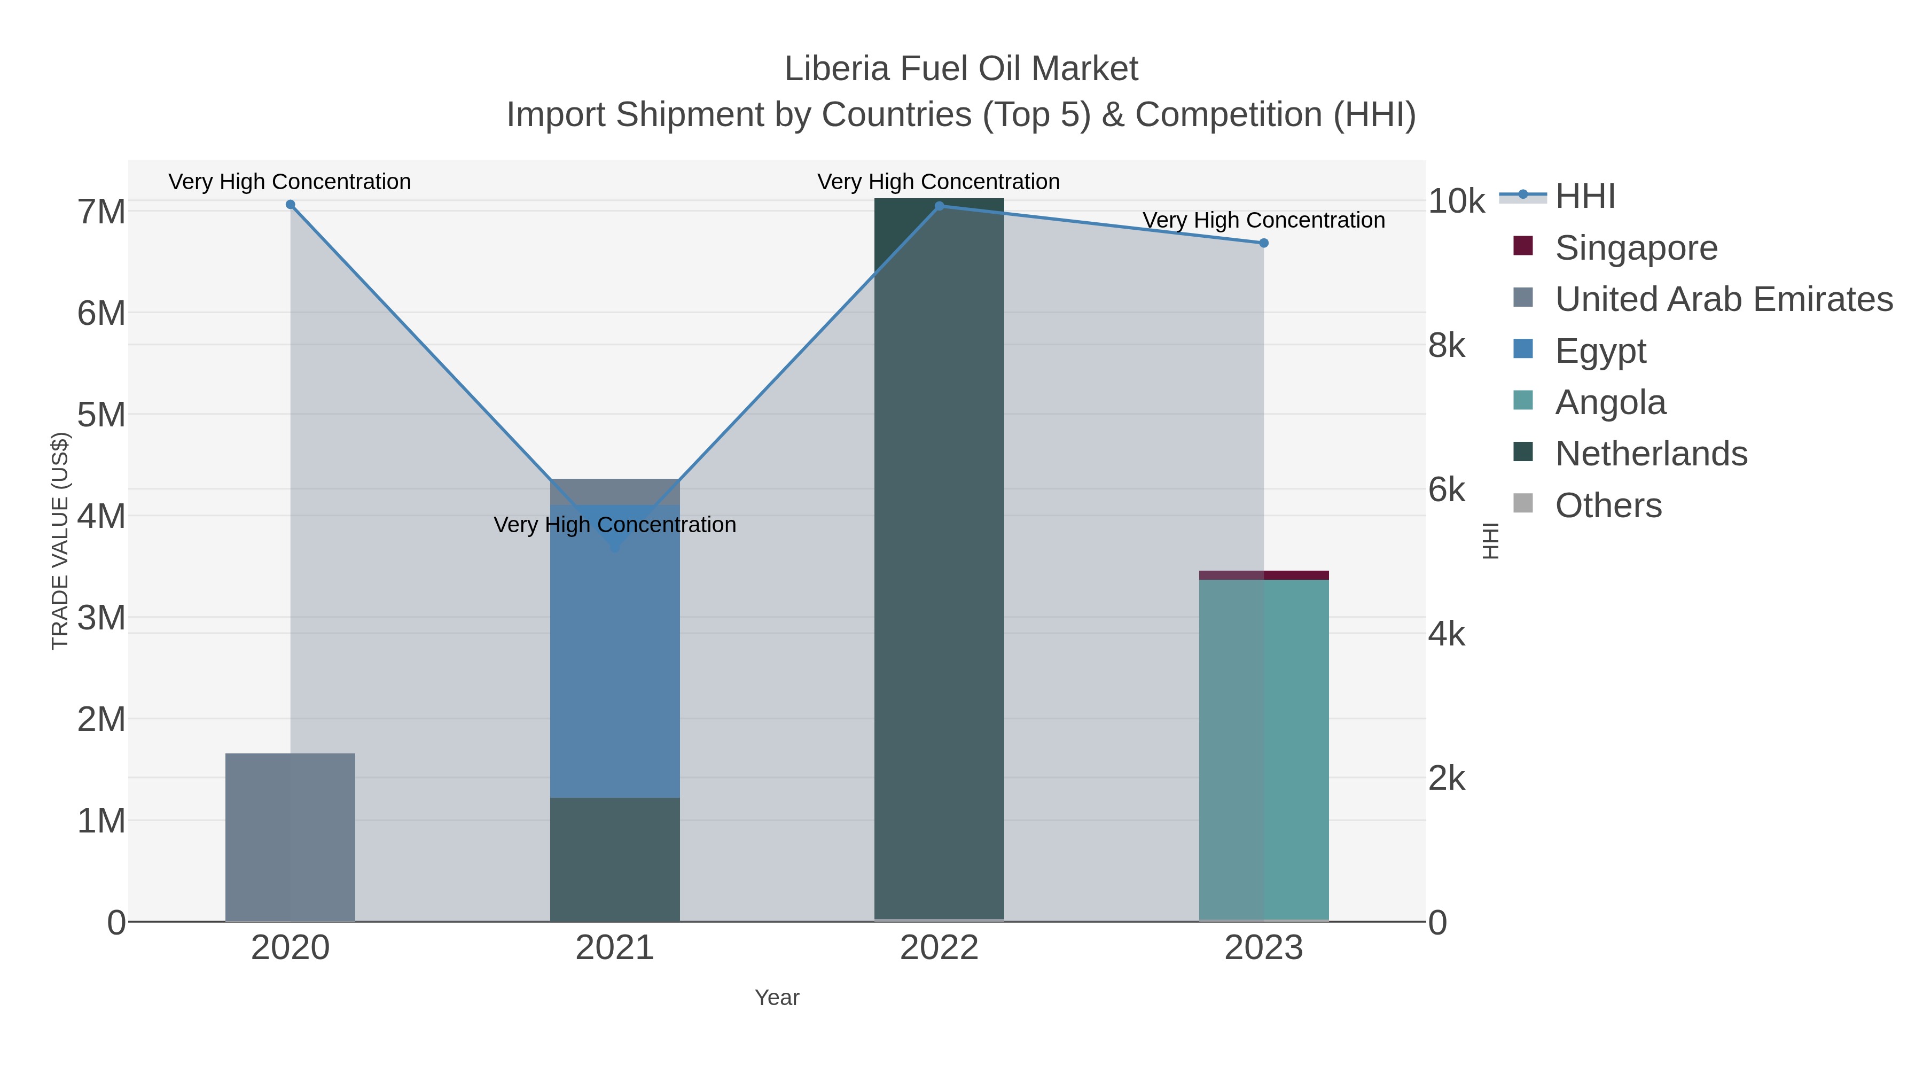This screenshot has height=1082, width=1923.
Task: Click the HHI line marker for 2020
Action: click(291, 205)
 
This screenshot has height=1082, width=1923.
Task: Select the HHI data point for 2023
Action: click(1264, 243)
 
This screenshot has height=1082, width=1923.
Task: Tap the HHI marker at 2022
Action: click(939, 206)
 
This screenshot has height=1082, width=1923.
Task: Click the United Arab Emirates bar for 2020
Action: click(291, 836)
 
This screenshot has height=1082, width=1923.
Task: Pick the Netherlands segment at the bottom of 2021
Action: click(614, 859)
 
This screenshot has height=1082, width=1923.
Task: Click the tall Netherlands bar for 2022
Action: click(939, 560)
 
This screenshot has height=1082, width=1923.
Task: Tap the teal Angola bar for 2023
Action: click(1264, 747)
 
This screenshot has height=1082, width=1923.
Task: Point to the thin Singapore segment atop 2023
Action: click(1264, 575)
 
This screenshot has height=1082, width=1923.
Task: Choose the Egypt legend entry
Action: click(1600, 351)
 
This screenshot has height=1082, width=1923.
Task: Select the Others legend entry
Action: click(1608, 505)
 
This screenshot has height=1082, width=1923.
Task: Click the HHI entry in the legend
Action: click(1585, 197)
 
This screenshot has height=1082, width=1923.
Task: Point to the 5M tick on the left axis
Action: click(101, 415)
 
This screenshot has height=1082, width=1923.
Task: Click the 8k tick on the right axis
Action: click(1446, 346)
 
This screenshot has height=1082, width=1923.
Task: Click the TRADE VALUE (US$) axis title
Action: click(60, 541)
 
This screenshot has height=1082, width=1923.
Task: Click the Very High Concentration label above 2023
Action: click(1264, 220)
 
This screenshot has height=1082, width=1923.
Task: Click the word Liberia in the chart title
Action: click(836, 69)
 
